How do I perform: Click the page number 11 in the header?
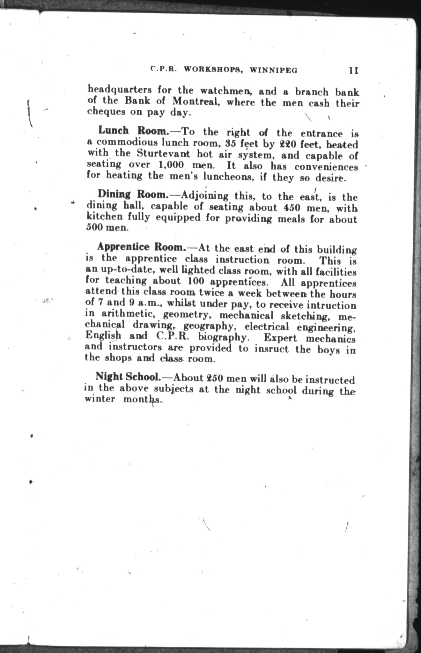[x=354, y=70]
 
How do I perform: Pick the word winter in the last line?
[x=100, y=399]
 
